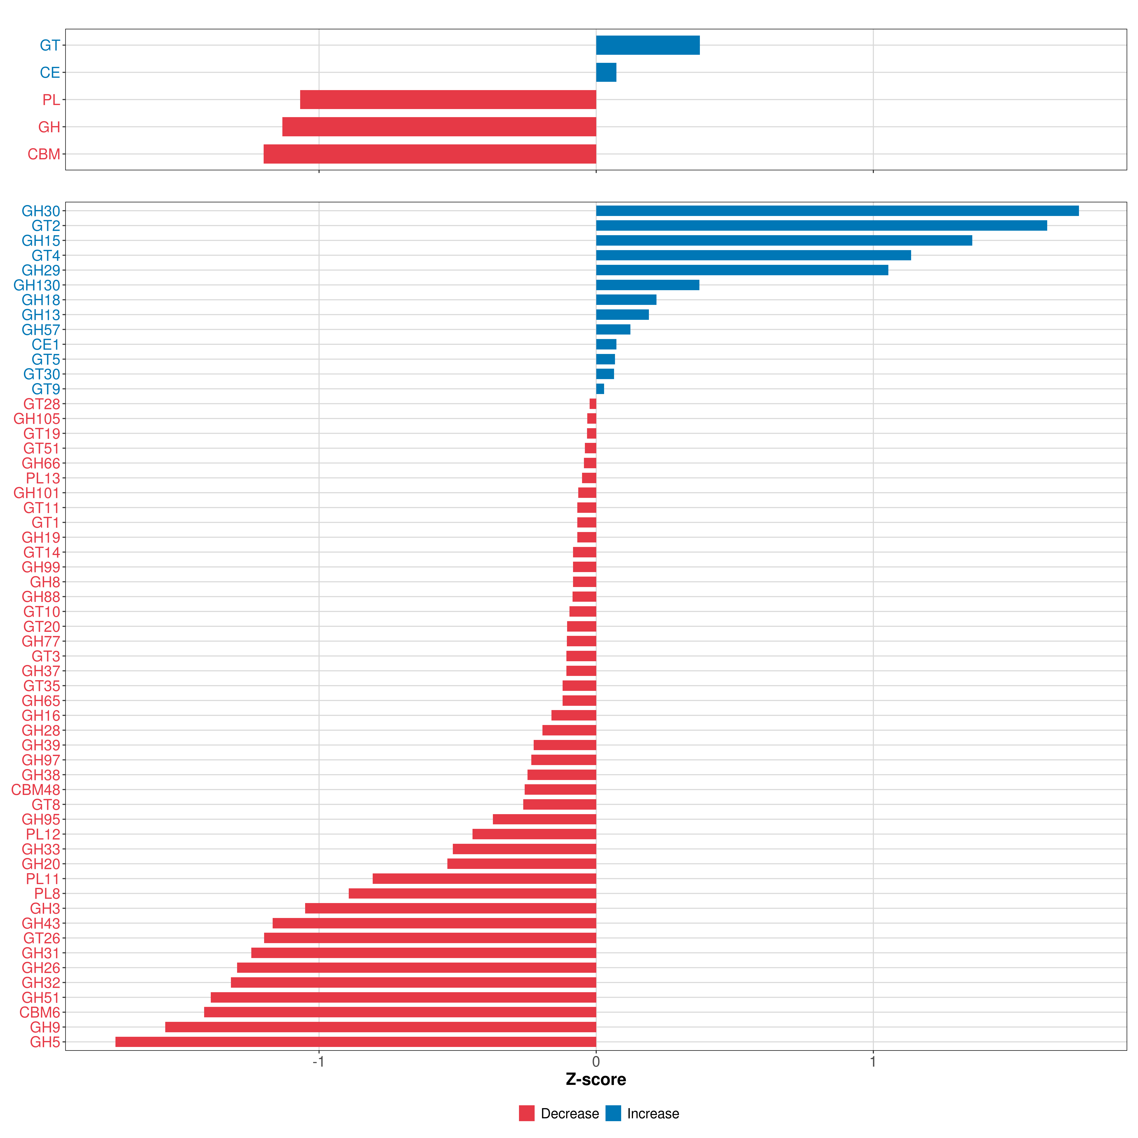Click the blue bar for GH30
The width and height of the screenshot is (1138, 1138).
tap(836, 211)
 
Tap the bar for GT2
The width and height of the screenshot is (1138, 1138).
tap(821, 226)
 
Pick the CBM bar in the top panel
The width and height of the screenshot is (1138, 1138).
tap(430, 154)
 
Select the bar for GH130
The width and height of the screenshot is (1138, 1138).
tap(647, 285)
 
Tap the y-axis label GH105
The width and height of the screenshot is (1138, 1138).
tap(37, 419)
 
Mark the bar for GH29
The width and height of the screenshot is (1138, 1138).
tap(742, 270)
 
